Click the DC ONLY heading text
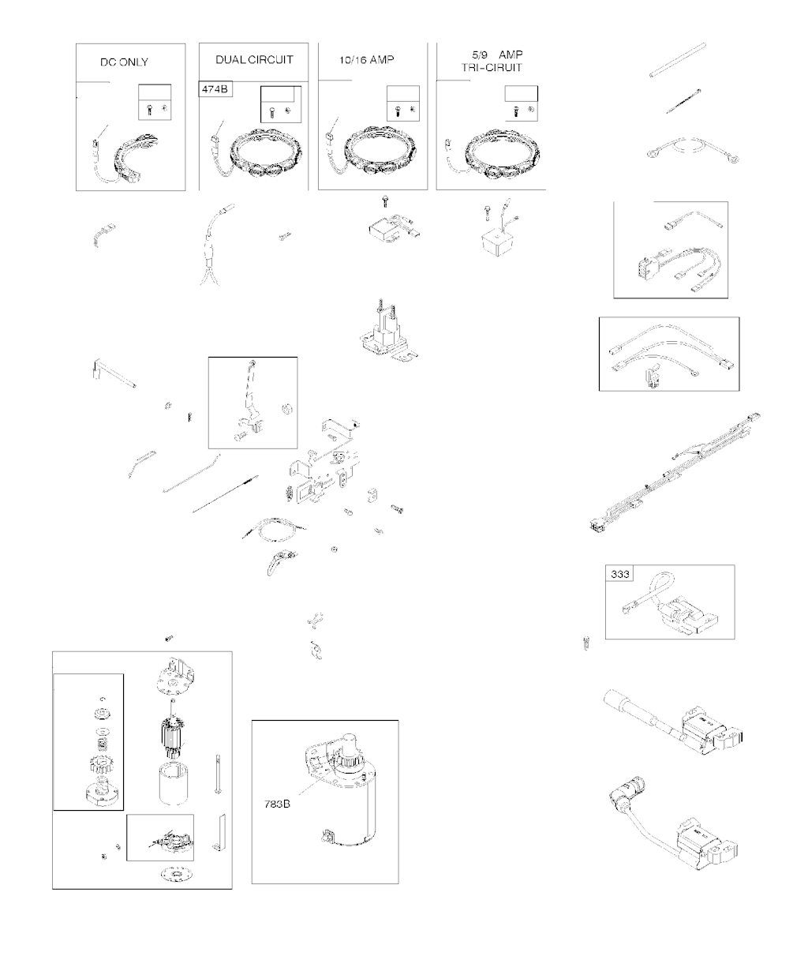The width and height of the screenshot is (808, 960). point(124,62)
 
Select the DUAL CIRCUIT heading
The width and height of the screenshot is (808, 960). point(254,60)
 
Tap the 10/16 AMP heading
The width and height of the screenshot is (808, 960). point(366,60)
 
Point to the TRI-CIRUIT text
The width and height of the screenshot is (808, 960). point(492,68)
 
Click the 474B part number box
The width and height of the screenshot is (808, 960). point(215,88)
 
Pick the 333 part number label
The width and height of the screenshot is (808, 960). point(619,573)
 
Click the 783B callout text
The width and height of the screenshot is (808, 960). point(277,804)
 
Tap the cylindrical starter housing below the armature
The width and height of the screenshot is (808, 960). point(174,783)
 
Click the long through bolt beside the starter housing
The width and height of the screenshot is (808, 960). point(218,774)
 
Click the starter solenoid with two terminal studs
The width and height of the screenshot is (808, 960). point(388,332)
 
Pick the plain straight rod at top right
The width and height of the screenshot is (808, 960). point(678,60)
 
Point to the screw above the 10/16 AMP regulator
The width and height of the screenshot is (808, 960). point(385,201)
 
